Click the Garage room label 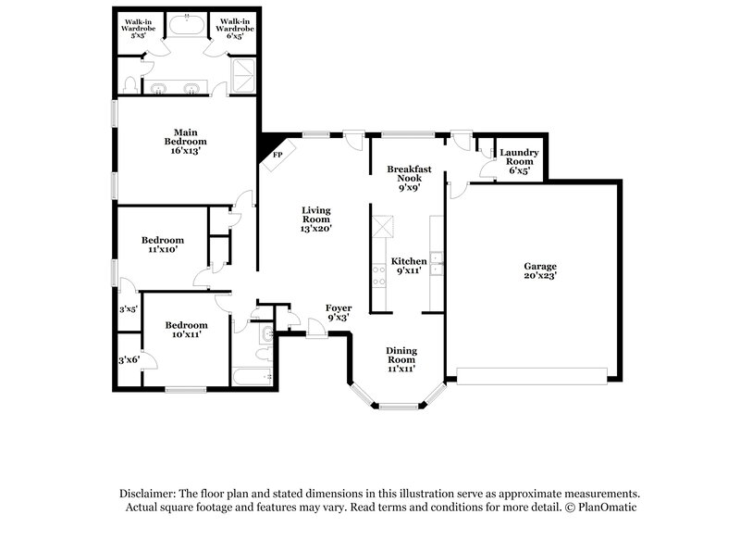click(540, 269)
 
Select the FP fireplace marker click(277, 155)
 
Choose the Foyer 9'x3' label click(338, 312)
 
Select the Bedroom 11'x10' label click(162, 244)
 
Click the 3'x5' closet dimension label click(128, 309)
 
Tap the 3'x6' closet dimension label click(128, 360)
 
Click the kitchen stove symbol click(378, 272)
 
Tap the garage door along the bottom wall click(532, 375)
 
